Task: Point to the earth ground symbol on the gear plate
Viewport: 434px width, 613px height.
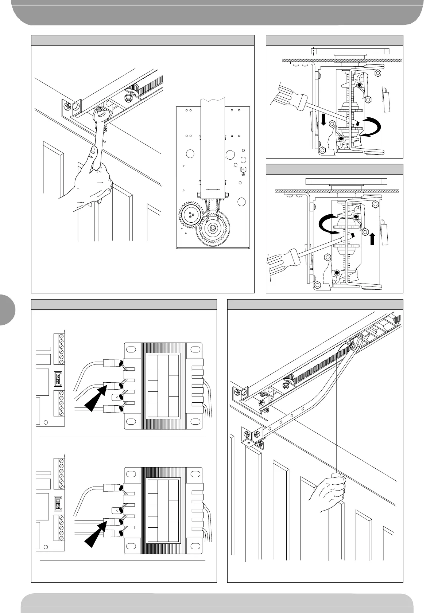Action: pos(243,174)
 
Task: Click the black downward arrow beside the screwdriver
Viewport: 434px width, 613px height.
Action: pos(323,119)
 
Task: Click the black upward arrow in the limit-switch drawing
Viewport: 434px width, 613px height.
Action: pos(372,239)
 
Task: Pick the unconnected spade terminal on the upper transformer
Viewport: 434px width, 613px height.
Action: pos(116,397)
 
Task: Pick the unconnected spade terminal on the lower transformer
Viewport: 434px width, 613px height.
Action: pos(116,510)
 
